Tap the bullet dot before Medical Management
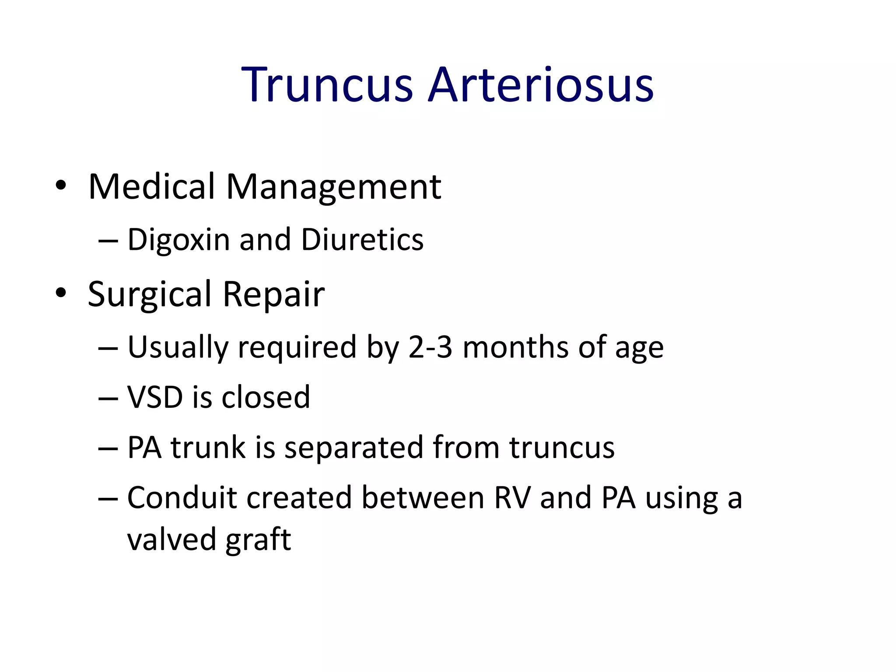pos(61,185)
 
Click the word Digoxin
pos(178,240)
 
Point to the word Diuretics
pos(363,240)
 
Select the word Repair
pos(273,294)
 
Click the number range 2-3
pos(430,347)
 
